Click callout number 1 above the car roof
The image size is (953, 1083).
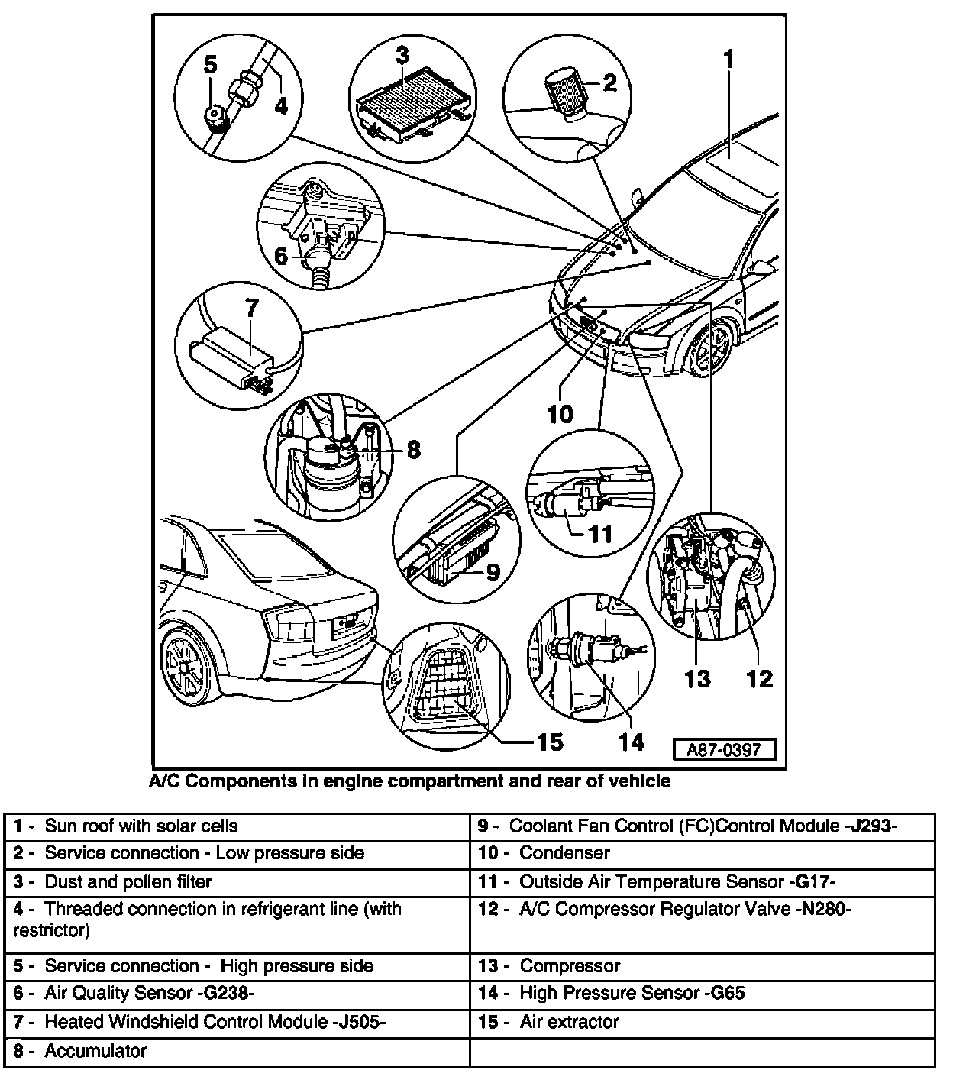pos(729,59)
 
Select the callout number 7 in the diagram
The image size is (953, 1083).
pos(251,309)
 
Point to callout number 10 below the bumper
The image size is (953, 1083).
pos(560,414)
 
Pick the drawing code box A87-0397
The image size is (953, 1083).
pos(724,749)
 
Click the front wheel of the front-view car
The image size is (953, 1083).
pos(709,351)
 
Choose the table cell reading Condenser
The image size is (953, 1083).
pos(564,853)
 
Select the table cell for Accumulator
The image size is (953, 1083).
pos(95,1051)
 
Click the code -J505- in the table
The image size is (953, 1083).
pos(360,1022)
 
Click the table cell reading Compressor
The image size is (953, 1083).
pos(570,966)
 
